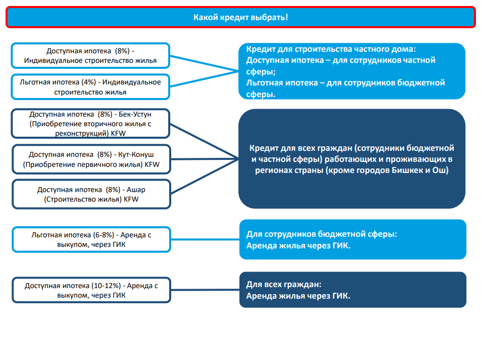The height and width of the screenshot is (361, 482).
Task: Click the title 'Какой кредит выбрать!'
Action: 240,17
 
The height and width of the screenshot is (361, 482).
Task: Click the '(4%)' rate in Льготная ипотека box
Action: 89,82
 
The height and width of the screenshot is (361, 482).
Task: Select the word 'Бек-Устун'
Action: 135,114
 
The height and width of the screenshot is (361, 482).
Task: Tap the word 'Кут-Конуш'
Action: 136,154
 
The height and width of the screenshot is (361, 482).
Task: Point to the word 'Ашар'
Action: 136,190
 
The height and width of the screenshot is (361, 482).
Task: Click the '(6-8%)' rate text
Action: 103,235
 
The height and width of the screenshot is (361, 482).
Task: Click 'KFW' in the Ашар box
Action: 131,200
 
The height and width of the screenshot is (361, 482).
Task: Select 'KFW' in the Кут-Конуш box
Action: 152,164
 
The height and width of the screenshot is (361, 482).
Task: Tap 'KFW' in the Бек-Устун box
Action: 118,134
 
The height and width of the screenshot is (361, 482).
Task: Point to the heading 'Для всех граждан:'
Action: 284,285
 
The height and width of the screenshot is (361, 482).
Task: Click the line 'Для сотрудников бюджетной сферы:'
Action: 321,234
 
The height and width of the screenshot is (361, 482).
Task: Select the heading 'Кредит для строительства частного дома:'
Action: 331,49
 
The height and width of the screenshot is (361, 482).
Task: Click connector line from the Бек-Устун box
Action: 204,141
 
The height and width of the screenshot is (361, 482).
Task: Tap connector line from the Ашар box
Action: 205,176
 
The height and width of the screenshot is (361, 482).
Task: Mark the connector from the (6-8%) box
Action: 205,239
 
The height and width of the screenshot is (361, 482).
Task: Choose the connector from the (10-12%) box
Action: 205,290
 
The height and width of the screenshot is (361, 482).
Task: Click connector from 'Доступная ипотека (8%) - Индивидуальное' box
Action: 204,63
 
